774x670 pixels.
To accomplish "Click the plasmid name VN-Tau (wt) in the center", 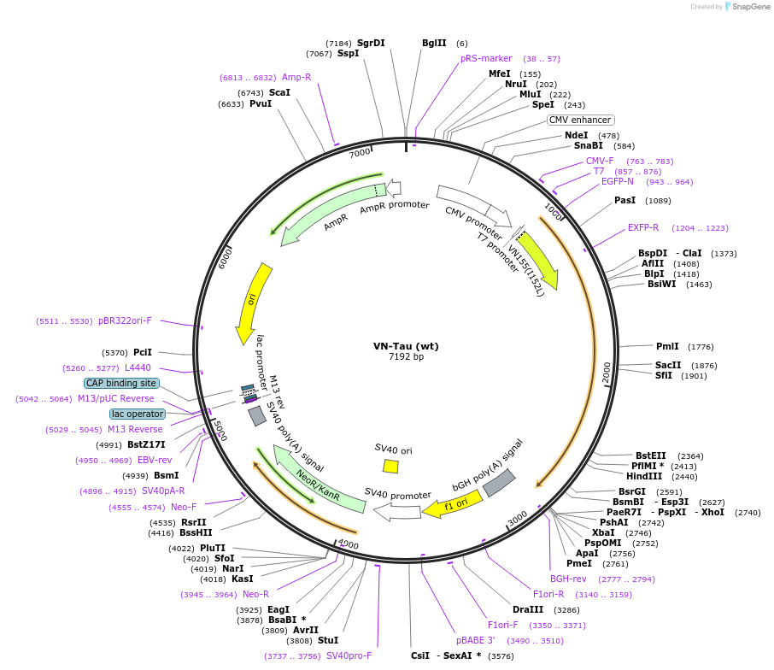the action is (x=406, y=346).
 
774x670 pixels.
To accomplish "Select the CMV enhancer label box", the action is (x=580, y=120).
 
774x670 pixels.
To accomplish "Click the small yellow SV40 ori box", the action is (x=390, y=466).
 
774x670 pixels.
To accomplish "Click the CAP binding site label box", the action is (x=121, y=384).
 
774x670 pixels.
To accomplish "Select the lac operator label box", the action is (x=137, y=414).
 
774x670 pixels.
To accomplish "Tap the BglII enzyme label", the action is (x=434, y=43).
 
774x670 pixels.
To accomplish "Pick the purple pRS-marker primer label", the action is (x=486, y=58).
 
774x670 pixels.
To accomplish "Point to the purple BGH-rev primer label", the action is (x=568, y=579).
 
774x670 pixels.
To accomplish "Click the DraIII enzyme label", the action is (x=527, y=609).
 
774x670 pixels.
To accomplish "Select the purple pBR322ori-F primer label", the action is (x=125, y=320).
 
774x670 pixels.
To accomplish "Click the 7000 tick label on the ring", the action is (x=360, y=152).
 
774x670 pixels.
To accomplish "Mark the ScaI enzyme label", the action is (x=279, y=92).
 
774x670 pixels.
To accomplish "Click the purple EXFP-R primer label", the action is (x=643, y=227).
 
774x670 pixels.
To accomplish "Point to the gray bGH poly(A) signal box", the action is (x=498, y=483).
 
